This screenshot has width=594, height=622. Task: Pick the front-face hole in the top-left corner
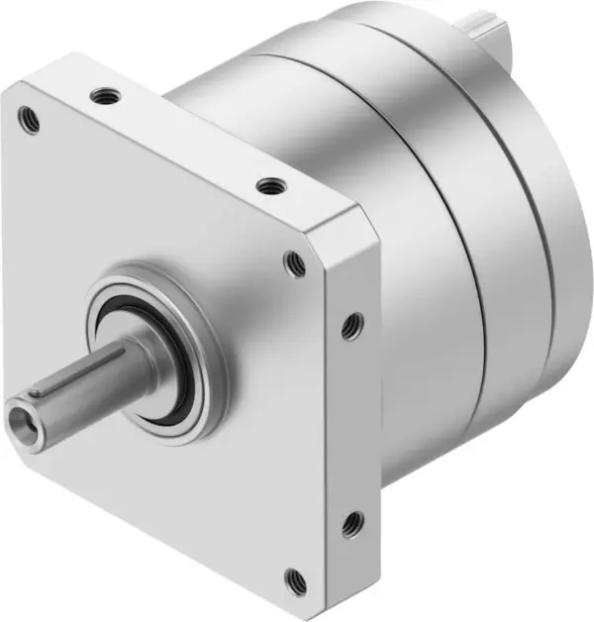coord(30,122)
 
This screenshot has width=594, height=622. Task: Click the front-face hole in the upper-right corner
coord(294,262)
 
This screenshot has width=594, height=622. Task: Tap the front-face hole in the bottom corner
coord(295,578)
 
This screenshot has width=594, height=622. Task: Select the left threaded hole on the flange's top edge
coord(102,96)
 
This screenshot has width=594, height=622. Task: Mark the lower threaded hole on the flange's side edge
coord(351,523)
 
